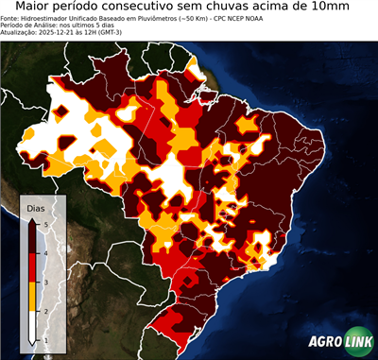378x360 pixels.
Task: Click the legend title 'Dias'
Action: [36, 207]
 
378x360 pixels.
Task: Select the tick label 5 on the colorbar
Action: [45, 223]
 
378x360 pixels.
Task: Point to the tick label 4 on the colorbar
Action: [45, 252]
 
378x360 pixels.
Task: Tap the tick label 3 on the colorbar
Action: [45, 282]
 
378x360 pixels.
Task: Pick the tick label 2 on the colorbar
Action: [45, 310]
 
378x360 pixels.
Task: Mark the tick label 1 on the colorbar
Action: [45, 339]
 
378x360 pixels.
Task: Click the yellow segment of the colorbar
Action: [33, 296]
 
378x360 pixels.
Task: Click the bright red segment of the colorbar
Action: [33, 266]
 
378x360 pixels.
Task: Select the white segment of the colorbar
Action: [33, 326]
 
